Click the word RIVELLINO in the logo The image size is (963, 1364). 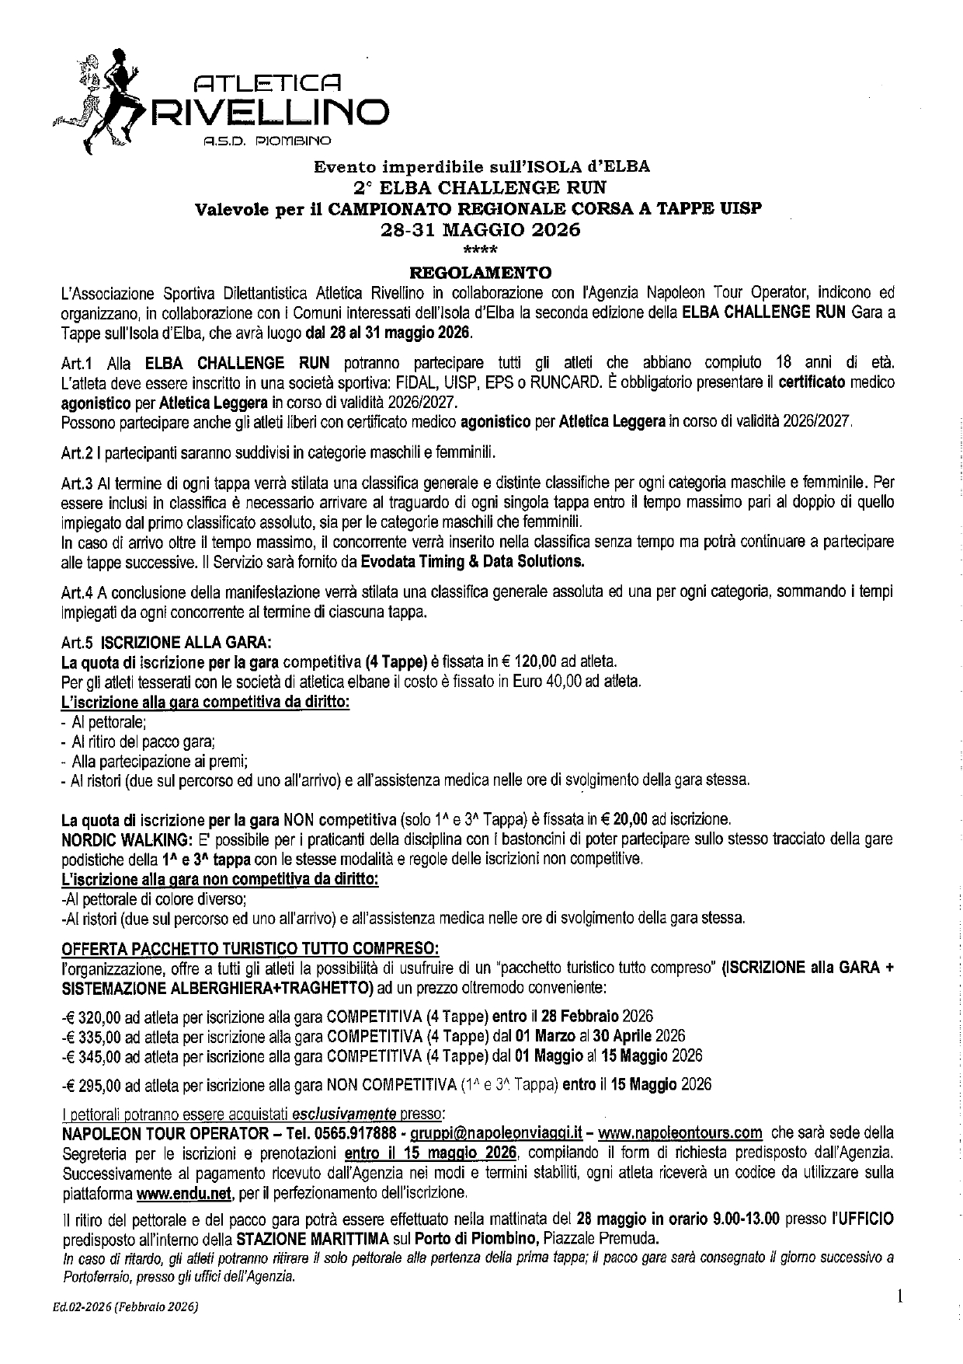pos(270,110)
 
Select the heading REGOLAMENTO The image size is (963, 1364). pos(480,272)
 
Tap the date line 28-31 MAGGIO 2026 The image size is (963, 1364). pos(480,230)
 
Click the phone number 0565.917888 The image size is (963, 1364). pos(360,1132)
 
